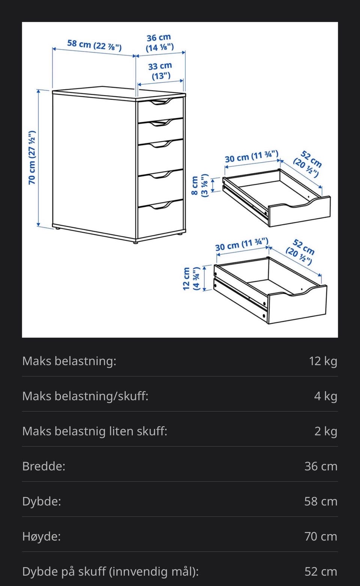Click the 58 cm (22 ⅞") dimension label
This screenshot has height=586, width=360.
click(x=94, y=45)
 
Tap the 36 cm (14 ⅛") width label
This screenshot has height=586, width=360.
click(x=159, y=43)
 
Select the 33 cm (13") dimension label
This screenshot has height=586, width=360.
click(x=160, y=71)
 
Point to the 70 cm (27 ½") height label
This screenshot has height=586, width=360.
click(x=32, y=157)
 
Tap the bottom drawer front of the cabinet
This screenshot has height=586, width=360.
click(x=160, y=219)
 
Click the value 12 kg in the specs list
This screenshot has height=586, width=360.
click(x=323, y=361)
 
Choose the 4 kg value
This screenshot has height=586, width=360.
click(x=326, y=396)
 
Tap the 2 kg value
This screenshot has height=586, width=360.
click(x=326, y=431)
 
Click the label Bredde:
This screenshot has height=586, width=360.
click(x=44, y=466)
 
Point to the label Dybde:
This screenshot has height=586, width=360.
click(x=42, y=501)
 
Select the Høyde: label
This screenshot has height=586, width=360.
click(x=41, y=536)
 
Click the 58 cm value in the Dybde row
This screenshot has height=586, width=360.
click(x=321, y=501)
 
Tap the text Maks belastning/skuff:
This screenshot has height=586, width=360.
click(x=85, y=396)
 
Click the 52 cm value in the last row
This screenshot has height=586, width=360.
click(x=321, y=571)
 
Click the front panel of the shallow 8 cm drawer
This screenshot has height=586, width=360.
click(x=300, y=212)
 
